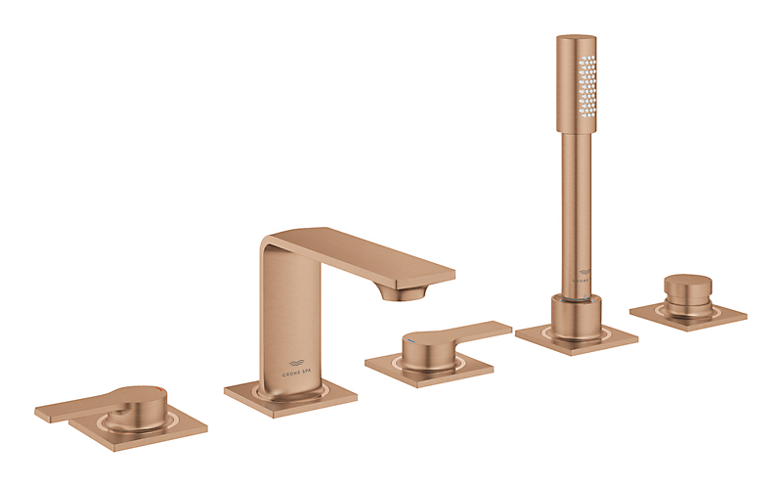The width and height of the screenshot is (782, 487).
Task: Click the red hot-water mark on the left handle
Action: (x=146, y=390)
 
